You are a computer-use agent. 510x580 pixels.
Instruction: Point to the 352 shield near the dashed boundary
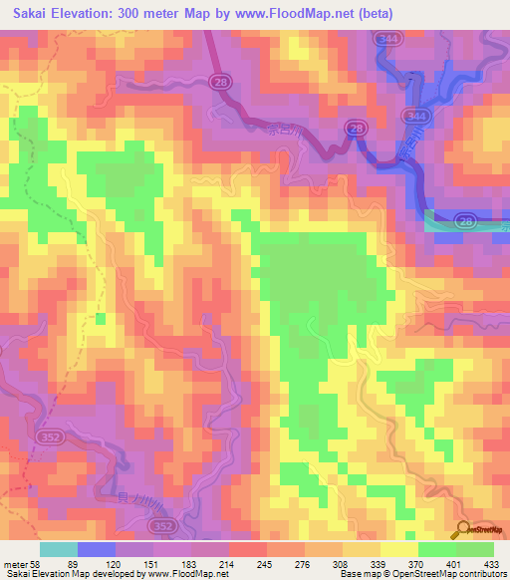tap(49, 436)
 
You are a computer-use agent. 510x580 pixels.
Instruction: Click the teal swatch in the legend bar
tap(58, 549)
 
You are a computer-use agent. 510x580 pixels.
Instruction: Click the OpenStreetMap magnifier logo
tap(464, 530)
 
